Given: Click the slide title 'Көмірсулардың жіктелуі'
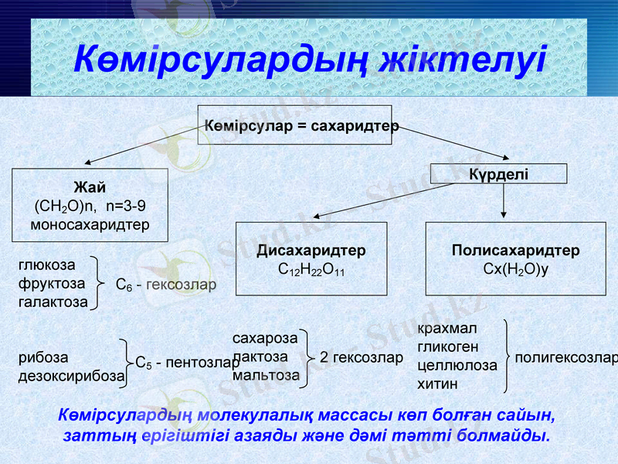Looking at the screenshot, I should pos(309,60).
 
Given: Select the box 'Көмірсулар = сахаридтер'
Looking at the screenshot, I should pos(300,125).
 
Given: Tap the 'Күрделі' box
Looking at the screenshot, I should pos(498,174).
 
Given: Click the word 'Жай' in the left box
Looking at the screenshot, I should pos(90,188).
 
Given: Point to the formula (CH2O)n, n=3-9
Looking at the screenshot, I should pos(90,206).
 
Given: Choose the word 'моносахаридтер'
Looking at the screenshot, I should pos(90,224).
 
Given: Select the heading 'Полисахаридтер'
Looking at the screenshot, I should pos(515,251).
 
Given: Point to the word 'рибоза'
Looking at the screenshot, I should pos(43,358).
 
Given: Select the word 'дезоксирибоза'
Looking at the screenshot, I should pos(71,376).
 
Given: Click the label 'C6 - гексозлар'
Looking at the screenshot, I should pos(166,285).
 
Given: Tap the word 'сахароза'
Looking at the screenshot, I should pos(265,339).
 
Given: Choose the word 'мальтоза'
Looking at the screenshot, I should pos(266,375).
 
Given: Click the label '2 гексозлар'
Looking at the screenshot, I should pos(362,357).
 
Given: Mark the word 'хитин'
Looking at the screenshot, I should pos(437,383).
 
